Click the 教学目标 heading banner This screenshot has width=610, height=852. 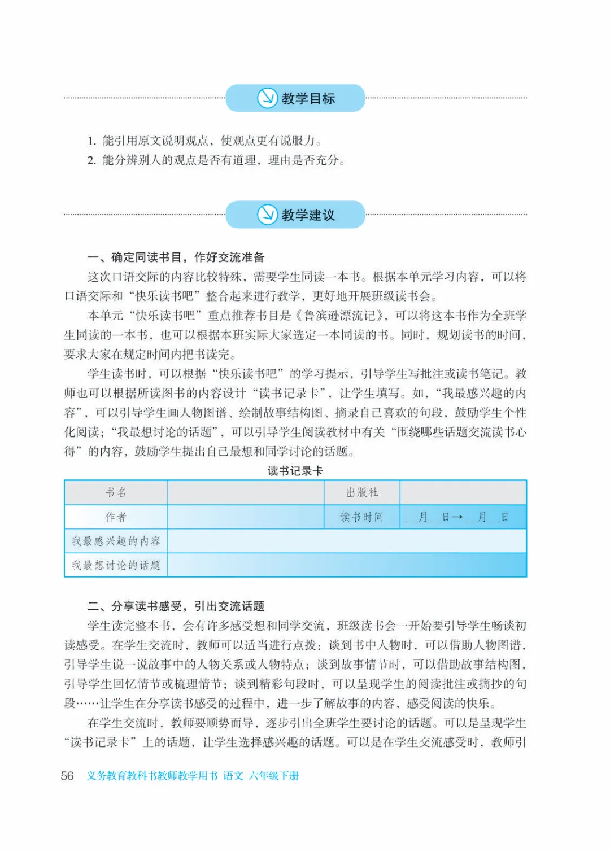click(295, 98)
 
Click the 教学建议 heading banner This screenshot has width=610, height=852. click(295, 215)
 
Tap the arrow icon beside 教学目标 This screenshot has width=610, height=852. click(267, 98)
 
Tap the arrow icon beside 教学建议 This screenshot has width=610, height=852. click(267, 215)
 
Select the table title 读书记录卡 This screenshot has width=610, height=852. click(295, 471)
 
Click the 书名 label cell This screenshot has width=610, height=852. click(116, 492)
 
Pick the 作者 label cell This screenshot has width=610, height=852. click(116, 517)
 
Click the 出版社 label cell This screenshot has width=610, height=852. click(362, 492)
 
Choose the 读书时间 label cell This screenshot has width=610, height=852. click(362, 517)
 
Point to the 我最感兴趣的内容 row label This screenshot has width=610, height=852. click(116, 541)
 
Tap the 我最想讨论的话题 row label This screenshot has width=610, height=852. click(116, 565)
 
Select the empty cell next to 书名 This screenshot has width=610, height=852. click(246, 492)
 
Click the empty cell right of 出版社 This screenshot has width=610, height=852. click(463, 492)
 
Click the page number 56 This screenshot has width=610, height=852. click(67, 776)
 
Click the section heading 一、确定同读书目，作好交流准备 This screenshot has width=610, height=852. click(176, 257)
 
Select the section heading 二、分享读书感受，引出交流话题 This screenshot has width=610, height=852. click(176, 606)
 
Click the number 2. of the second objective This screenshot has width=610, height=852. click(91, 160)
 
